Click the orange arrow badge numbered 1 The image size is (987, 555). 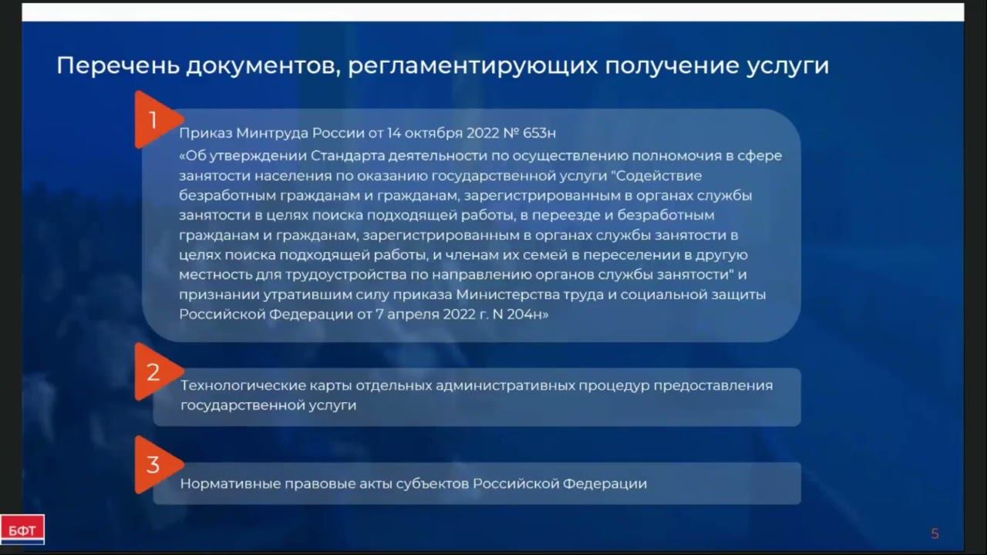(x=155, y=119)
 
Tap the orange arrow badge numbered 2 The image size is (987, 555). (x=154, y=372)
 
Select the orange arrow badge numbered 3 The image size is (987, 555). (x=154, y=465)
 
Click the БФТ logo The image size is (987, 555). (x=22, y=530)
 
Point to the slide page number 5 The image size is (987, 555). (x=935, y=533)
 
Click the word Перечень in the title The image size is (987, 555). (x=116, y=66)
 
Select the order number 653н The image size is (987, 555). (x=539, y=133)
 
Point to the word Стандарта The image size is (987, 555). (x=344, y=156)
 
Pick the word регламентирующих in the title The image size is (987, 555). (x=470, y=66)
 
